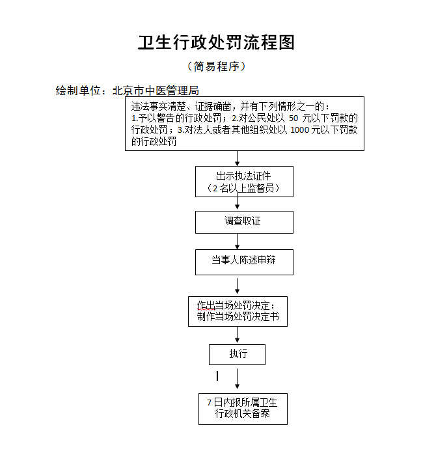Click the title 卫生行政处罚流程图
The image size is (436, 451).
coord(217,42)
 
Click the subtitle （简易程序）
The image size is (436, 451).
coord(217,66)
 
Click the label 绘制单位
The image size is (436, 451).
coord(79,90)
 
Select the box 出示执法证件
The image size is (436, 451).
coord(244,182)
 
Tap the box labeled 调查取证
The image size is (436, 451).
coord(244,221)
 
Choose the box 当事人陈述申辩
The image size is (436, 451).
coord(244,261)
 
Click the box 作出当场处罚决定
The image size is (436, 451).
coord(237,311)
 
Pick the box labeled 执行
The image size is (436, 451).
coord(237,354)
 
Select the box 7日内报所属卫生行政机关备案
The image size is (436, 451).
coord(242,408)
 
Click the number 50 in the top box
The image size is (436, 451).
coord(293,118)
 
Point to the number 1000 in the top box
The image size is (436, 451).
coord(299,130)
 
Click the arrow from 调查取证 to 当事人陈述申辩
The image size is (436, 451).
coord(238,241)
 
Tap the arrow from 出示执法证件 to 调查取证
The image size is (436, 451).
coord(238,203)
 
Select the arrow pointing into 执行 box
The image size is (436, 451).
coord(238,335)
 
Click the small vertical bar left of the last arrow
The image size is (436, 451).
coord(217,376)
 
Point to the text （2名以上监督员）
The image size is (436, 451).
coord(244,188)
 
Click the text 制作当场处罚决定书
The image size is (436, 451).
coord(238,317)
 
